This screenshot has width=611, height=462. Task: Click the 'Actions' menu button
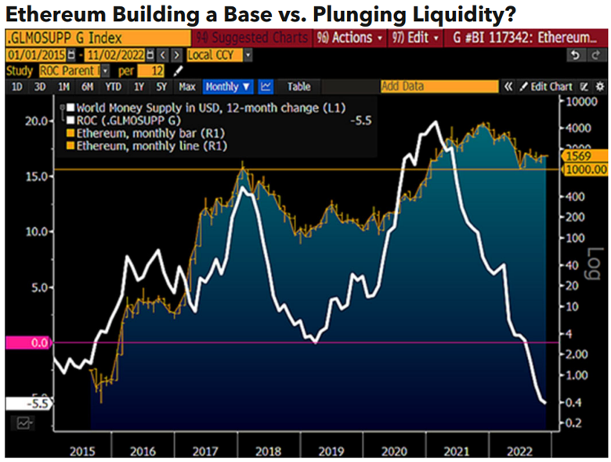click(350, 38)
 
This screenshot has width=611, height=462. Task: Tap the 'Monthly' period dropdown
click(227, 87)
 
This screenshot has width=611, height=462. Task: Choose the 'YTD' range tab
click(114, 87)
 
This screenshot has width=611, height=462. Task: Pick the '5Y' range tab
click(161, 87)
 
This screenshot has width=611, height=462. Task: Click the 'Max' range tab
click(186, 87)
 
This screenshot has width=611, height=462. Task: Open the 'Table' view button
click(298, 87)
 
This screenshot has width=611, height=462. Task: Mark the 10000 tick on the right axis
click(583, 103)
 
